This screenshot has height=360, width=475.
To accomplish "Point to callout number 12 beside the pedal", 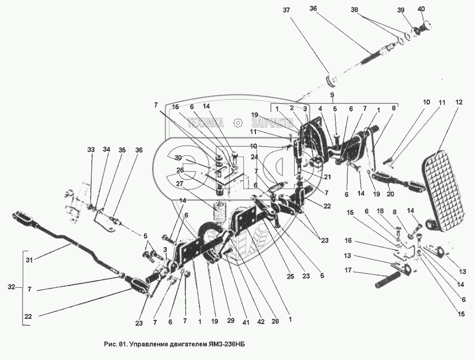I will (459, 102).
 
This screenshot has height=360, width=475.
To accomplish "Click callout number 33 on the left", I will (91, 150).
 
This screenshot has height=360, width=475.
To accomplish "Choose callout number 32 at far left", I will (12, 288).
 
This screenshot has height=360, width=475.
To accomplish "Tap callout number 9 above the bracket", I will (332, 95).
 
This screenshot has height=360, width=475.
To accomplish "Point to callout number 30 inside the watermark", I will (178, 158).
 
